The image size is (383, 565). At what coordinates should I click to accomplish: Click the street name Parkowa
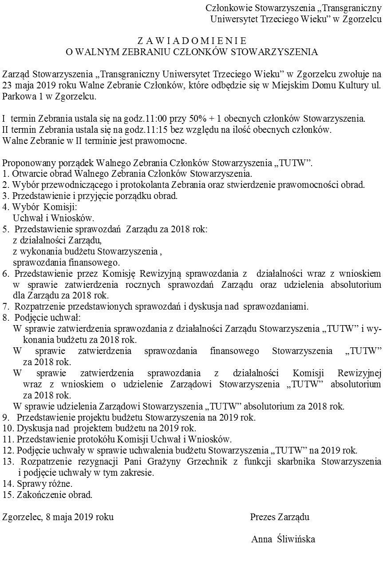[16, 95]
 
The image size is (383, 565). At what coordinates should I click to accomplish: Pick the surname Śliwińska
[295, 540]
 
